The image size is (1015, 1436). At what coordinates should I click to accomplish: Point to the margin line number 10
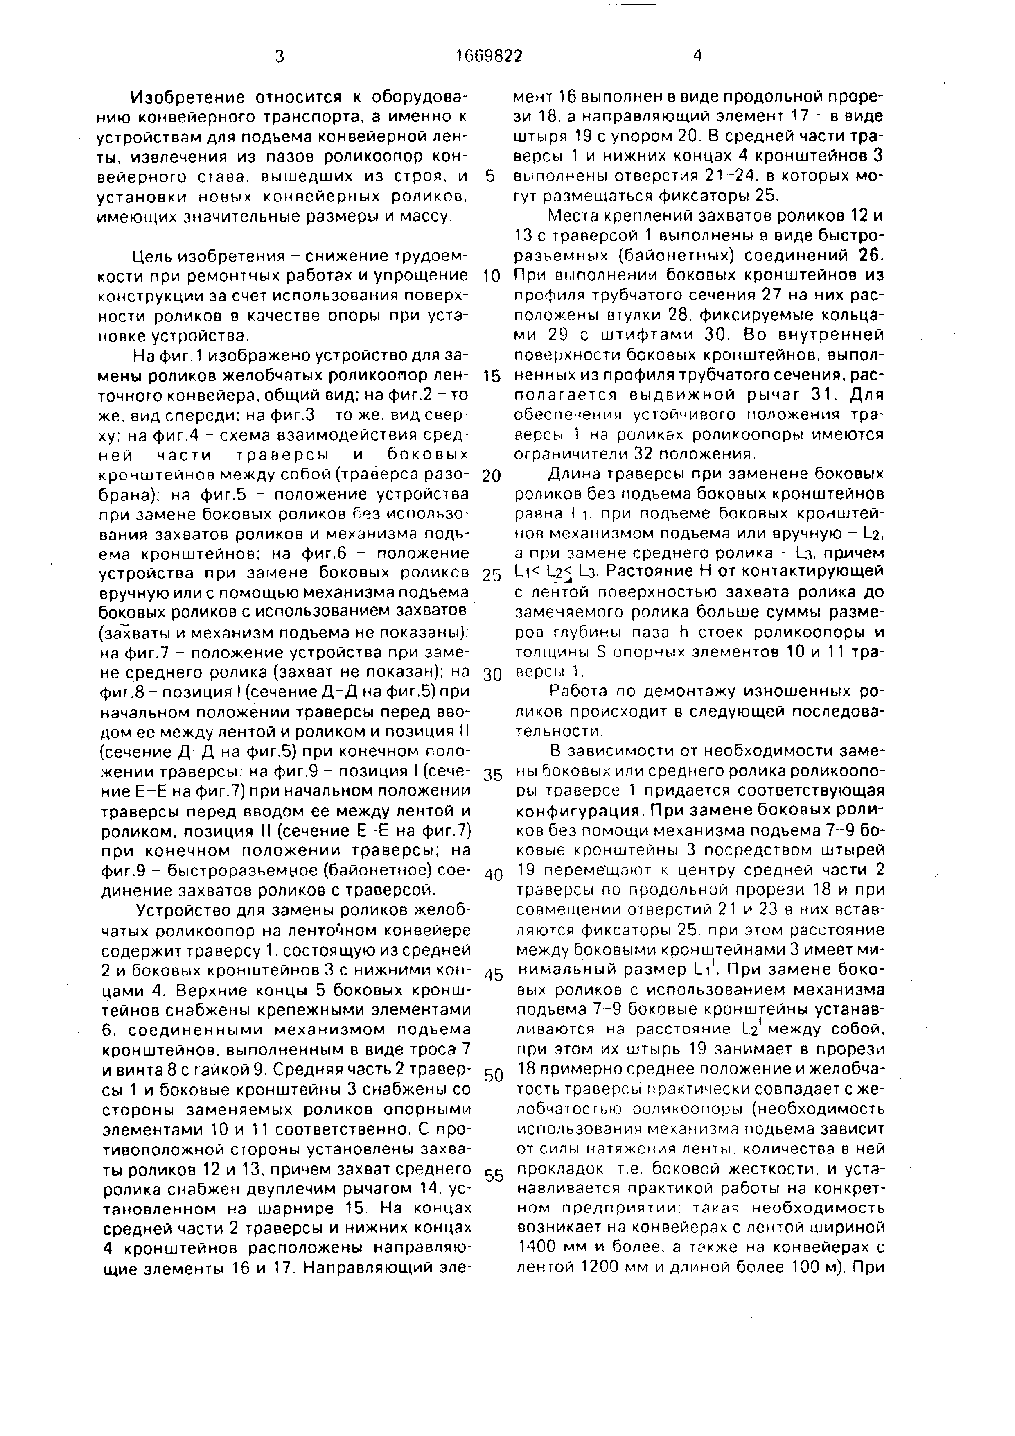(492, 276)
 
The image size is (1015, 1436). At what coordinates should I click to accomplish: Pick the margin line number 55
(494, 1176)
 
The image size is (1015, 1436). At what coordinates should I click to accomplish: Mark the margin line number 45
(493, 975)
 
